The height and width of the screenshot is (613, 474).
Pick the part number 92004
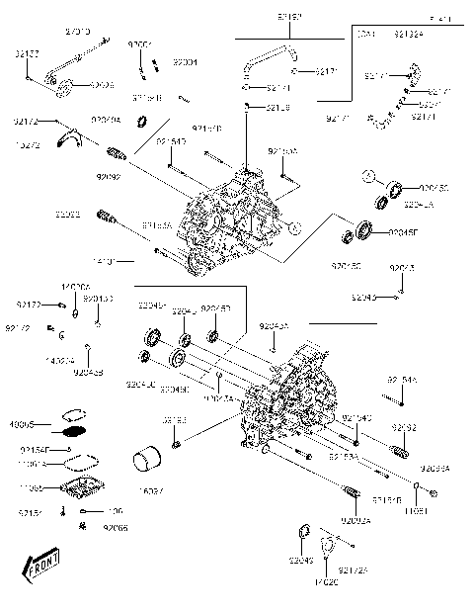click(185, 62)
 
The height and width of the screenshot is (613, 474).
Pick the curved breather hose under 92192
click(266, 65)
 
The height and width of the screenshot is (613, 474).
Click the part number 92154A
click(401, 379)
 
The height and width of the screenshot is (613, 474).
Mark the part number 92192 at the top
click(262, 18)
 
